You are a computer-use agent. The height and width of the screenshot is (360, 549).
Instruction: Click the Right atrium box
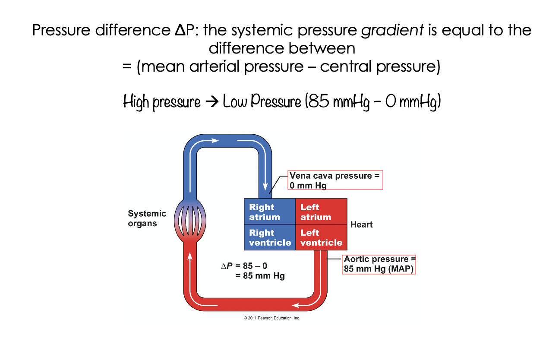pyautogui.click(x=269, y=212)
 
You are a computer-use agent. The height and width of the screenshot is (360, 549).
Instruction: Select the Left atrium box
pyautogui.click(x=321, y=212)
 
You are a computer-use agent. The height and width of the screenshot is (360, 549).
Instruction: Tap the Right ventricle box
pyautogui.click(x=269, y=237)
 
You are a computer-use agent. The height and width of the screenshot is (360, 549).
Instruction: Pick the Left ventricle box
pyautogui.click(x=321, y=237)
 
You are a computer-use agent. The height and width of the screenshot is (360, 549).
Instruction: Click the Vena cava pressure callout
pyautogui.click(x=335, y=180)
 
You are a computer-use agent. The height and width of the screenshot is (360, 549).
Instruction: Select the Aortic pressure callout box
pyautogui.click(x=379, y=264)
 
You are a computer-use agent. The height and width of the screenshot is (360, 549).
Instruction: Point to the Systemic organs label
pyautogui.click(x=147, y=218)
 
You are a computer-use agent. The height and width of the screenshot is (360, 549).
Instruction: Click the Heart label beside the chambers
pyautogui.click(x=361, y=224)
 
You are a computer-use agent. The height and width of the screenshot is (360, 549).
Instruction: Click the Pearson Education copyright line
pyautogui.click(x=271, y=318)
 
